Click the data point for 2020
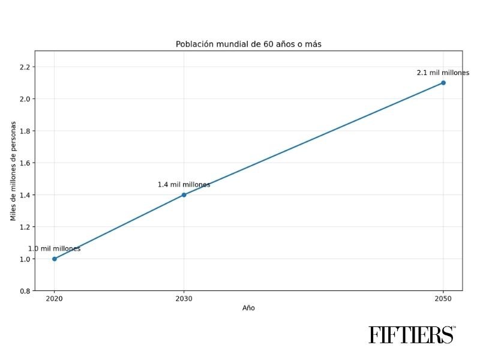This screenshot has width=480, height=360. coord(55,259)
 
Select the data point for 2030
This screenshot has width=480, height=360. coord(184,194)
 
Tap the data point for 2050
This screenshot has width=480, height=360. coord(443,83)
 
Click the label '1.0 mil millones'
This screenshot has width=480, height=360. coord(55,248)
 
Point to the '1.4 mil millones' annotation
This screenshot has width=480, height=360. coord(184,185)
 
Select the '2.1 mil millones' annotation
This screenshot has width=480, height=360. coord(443,73)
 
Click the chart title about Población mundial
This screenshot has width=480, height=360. coord(248,44)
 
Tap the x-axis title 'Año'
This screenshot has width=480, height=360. coord(248,308)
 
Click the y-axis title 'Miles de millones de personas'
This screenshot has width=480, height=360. coord(13,170)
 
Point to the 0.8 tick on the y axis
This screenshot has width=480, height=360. coord(24,291)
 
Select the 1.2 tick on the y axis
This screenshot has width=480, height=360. coord(24,227)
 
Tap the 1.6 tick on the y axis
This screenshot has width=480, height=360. coord(24,163)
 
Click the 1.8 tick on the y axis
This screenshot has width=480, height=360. coord(24,131)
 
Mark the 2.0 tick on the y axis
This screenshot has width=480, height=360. coord(24,98)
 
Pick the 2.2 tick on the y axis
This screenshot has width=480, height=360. coord(24,67)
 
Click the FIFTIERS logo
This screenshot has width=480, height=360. coord(412,334)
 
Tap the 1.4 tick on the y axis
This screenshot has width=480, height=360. coord(24,195)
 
